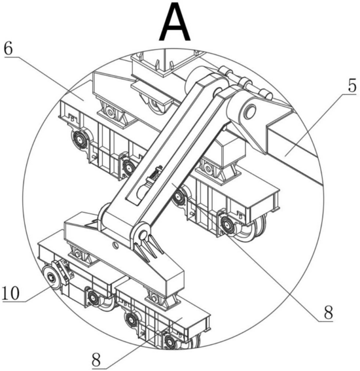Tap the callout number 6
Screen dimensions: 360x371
coord(9,49)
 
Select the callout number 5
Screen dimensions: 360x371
coord(352,86)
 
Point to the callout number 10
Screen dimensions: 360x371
coord(10,293)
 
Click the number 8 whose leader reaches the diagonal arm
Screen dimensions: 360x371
coord(329,312)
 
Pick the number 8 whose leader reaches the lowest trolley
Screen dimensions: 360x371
coord(96,361)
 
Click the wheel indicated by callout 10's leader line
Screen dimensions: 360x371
coord(51,276)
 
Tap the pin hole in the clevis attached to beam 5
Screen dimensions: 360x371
coord(250,111)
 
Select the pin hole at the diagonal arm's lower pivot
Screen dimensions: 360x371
coord(143,235)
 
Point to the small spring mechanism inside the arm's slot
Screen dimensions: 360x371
coord(154,175)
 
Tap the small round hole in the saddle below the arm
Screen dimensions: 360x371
coord(115,245)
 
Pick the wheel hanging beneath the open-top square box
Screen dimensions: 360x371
coord(155,104)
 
